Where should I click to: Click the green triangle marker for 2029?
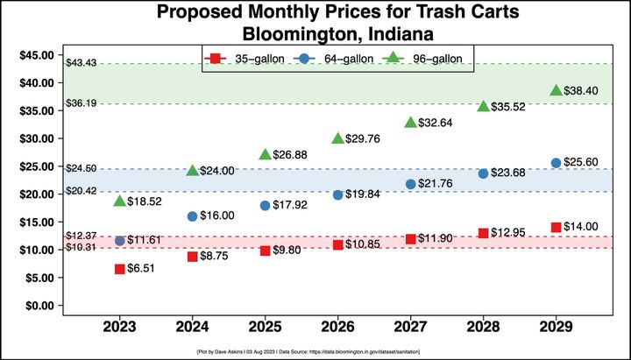(556, 90)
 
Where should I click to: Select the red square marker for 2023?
(119, 269)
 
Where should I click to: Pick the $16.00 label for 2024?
(217, 215)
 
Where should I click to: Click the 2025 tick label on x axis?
(265, 327)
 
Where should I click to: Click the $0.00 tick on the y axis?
(39, 306)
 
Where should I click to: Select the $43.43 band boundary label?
(81, 63)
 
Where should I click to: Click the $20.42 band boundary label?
(81, 191)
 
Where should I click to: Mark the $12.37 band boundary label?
(81, 236)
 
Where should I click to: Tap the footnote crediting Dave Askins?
(315, 350)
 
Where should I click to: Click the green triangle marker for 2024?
(192, 170)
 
